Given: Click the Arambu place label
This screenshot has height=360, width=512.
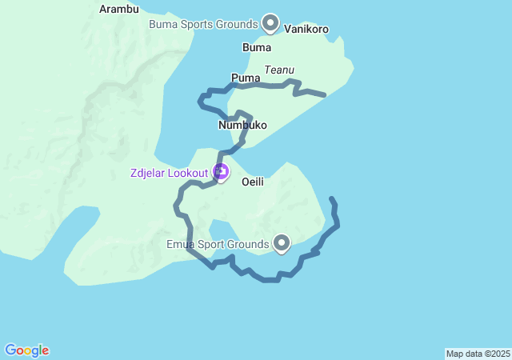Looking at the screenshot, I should (119, 10).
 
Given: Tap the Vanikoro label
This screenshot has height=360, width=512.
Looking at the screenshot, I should (306, 30).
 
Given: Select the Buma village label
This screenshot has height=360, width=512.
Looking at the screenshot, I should (257, 47).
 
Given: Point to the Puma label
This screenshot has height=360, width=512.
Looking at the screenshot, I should (246, 78).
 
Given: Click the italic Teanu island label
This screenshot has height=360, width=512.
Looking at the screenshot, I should (280, 70).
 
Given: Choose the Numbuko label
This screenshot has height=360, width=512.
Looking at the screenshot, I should (242, 126).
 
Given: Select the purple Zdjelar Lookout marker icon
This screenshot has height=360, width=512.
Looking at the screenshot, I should (221, 171).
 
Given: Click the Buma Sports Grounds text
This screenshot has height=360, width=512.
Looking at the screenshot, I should (203, 24).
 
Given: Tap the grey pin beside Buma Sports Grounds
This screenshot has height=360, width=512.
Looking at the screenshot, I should (270, 22).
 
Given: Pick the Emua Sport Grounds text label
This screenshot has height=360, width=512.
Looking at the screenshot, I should (217, 244).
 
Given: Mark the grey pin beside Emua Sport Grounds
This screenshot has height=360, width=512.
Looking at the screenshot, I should (281, 242).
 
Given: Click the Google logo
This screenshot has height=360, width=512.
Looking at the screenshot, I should (26, 350).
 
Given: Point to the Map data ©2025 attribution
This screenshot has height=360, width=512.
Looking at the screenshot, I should (478, 354).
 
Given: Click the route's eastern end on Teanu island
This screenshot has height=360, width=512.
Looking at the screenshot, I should (323, 95).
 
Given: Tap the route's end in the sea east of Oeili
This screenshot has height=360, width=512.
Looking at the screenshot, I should (331, 198).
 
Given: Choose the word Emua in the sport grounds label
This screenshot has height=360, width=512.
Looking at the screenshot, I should (182, 244).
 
